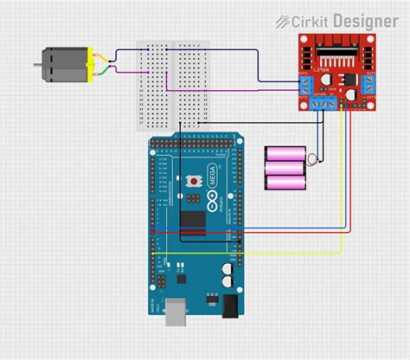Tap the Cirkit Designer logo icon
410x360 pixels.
(x=282, y=20)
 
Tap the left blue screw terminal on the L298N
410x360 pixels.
(x=305, y=85)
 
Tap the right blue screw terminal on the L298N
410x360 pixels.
(x=369, y=85)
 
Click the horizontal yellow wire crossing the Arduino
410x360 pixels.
(x=251, y=252)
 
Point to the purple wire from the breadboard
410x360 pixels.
(x=225, y=88)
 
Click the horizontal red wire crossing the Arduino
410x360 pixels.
(x=251, y=232)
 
